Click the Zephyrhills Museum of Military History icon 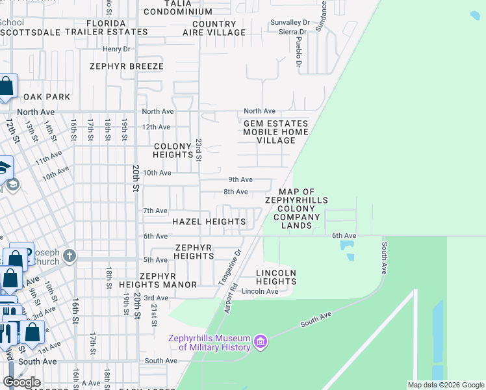click(x=261, y=342)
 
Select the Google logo click(x=22, y=382)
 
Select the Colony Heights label click(x=172, y=151)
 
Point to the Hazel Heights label click(x=209, y=222)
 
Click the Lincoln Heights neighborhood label click(x=276, y=277)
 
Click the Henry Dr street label click(x=117, y=49)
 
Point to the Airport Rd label click(x=229, y=298)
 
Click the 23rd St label click(x=199, y=149)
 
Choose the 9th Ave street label click(x=240, y=179)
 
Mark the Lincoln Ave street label click(x=260, y=291)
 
